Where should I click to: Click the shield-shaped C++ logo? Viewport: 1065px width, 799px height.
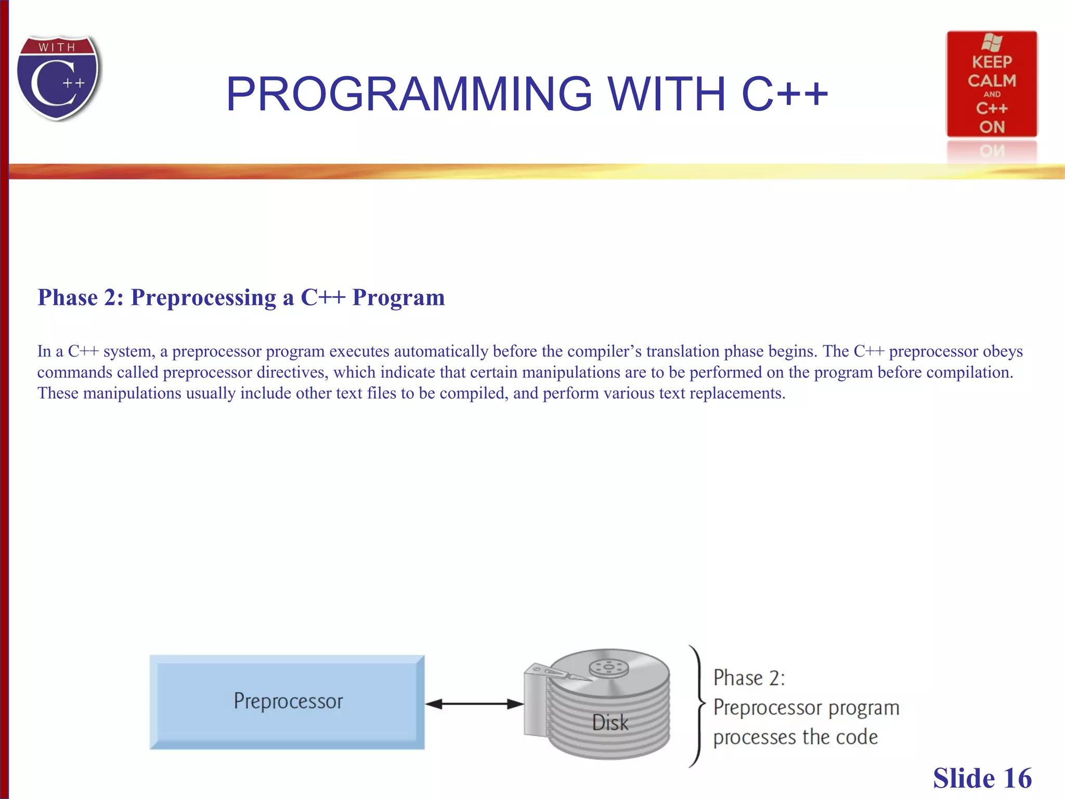click(x=58, y=78)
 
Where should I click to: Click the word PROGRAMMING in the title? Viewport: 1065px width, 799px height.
click(x=409, y=94)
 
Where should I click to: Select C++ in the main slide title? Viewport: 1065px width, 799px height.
click(x=784, y=94)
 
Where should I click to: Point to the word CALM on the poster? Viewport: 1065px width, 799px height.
click(x=991, y=81)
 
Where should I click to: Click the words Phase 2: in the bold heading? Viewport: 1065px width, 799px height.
click(x=81, y=298)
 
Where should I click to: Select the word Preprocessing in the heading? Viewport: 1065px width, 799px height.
click(x=203, y=298)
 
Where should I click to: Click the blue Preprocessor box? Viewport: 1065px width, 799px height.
click(x=287, y=702)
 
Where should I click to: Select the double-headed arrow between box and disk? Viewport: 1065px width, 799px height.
click(x=474, y=704)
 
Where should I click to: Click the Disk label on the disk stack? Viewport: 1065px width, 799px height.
click(x=609, y=723)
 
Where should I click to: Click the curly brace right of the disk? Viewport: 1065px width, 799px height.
click(x=698, y=705)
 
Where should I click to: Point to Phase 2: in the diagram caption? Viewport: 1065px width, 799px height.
click(x=749, y=678)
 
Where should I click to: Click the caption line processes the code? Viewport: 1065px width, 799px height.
click(x=795, y=737)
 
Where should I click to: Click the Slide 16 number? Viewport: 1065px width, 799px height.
click(x=982, y=778)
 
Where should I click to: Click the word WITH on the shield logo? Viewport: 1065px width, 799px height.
click(x=57, y=47)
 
